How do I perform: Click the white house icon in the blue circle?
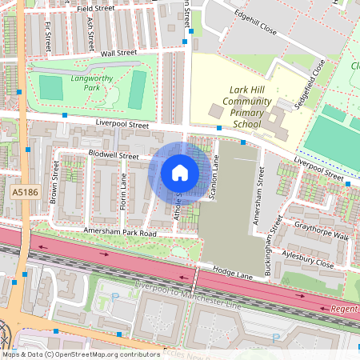tap(180, 173)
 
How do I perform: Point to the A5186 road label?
tap(26, 193)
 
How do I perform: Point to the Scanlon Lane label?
tap(214, 178)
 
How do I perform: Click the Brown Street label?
tap(54, 182)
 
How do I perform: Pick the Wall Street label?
tap(119, 54)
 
